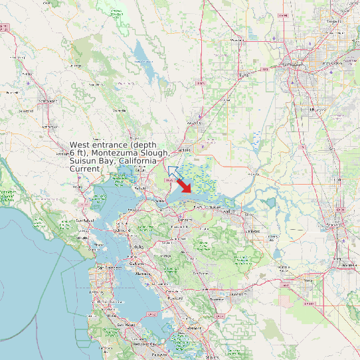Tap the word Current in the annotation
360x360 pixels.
[x=85, y=169]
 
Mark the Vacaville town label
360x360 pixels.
[x=194, y=122]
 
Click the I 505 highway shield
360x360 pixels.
[x=200, y=83]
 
